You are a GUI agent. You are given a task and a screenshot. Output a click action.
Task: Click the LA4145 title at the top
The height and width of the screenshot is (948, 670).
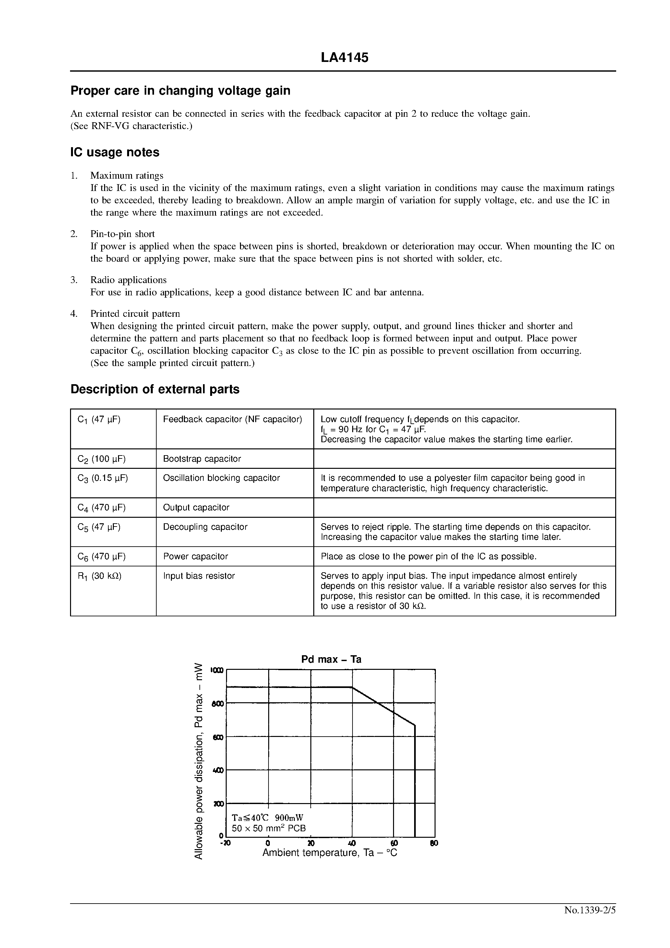344,58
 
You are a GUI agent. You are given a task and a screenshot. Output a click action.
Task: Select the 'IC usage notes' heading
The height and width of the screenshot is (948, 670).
115,152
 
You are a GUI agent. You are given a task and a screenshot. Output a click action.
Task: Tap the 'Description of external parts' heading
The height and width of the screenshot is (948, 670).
155,389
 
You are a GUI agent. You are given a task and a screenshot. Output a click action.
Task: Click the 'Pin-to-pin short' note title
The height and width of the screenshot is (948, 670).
122,234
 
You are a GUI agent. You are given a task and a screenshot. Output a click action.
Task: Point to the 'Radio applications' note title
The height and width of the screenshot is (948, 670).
128,280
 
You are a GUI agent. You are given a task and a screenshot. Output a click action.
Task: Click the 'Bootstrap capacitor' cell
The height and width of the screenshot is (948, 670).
202,459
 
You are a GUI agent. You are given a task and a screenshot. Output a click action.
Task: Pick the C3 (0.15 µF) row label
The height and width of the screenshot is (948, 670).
102,478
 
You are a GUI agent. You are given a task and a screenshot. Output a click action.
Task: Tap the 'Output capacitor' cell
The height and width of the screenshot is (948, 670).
196,507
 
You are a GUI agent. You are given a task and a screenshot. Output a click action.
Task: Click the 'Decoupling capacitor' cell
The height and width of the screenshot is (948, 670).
205,527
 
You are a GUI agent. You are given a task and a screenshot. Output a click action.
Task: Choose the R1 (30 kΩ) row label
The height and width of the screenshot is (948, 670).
99,576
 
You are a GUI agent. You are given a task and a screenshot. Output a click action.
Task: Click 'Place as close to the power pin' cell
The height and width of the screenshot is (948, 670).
428,556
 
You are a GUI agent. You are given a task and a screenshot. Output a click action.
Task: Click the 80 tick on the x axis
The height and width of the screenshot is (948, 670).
434,844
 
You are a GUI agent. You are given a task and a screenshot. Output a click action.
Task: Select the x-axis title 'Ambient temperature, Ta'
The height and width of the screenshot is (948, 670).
329,853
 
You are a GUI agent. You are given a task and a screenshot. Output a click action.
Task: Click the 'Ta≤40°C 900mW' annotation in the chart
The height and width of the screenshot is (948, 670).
267,818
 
